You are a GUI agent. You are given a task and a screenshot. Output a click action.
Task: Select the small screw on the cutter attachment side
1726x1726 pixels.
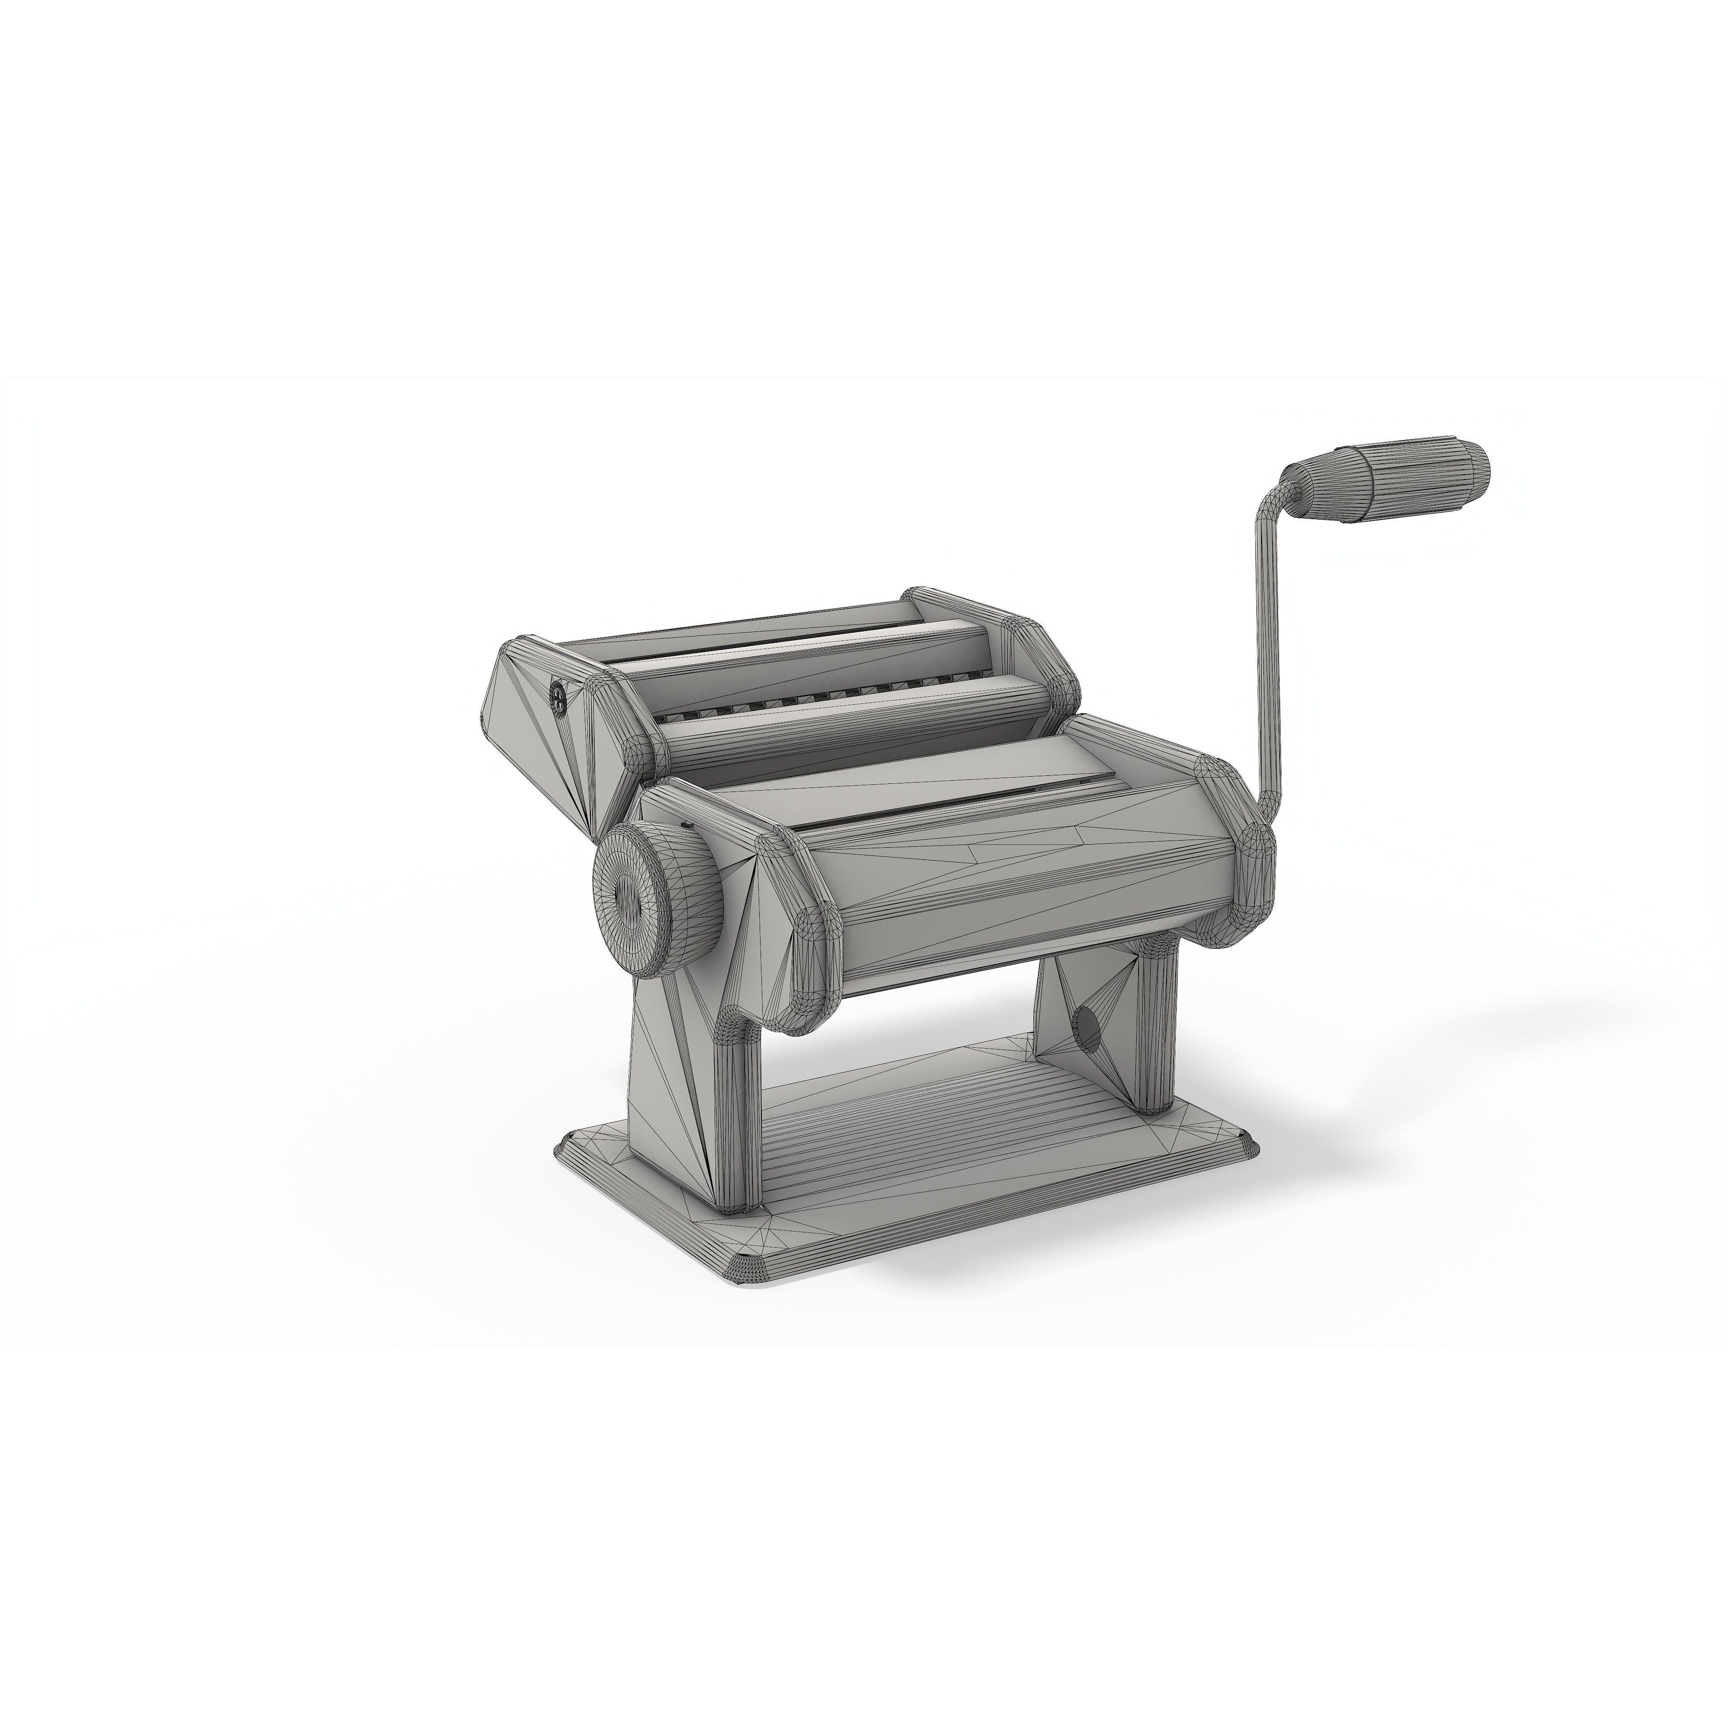point(558,695)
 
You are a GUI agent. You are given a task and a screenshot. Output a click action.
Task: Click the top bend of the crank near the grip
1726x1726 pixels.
point(1273,505)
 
